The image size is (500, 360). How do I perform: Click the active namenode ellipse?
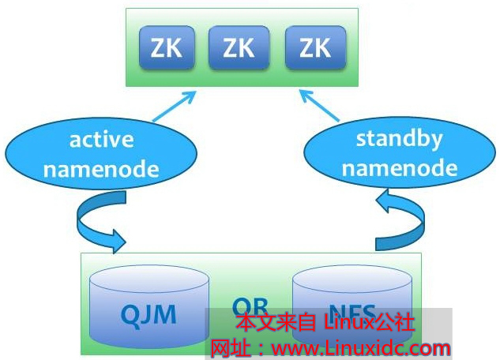coord(101,155)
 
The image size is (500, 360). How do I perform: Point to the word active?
coord(101,141)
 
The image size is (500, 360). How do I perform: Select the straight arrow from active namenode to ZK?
coord(173,107)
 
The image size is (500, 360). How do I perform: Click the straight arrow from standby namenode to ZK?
coord(320,107)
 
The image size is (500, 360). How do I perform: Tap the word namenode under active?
coord(101,169)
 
